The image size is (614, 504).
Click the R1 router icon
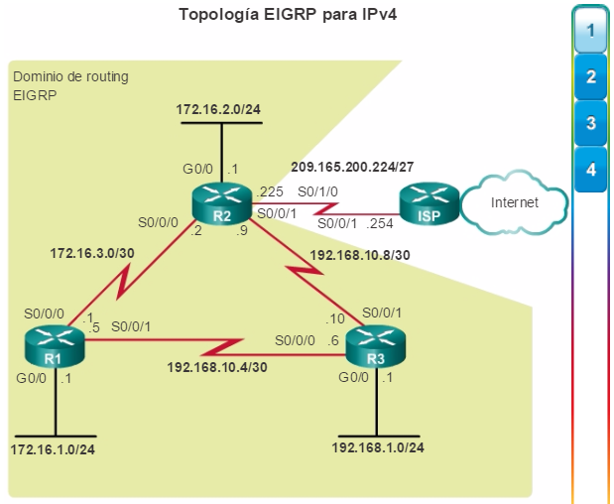pyautogui.click(x=55, y=346)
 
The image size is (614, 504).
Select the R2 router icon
pyautogui.click(x=222, y=203)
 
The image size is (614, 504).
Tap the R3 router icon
pyautogui.click(x=376, y=346)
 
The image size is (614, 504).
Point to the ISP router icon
pyautogui.click(x=430, y=203)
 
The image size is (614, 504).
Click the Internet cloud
pyautogui.click(x=514, y=202)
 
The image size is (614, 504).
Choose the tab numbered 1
pyautogui.click(x=590, y=31)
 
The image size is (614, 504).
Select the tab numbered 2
pyautogui.click(x=590, y=76)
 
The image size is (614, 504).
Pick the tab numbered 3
pyautogui.click(x=590, y=123)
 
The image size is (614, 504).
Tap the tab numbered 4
pyautogui.click(x=590, y=170)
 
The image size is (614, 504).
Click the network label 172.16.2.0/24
pyautogui.click(x=218, y=109)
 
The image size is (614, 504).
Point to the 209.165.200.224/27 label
pyautogui.click(x=352, y=168)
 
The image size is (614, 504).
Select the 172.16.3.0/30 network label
pyautogui.click(x=92, y=253)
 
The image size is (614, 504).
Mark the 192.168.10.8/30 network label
pyautogui.click(x=360, y=255)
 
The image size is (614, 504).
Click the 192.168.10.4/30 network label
pyautogui.click(x=217, y=367)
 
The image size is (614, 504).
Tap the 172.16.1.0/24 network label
pyautogui.click(x=53, y=449)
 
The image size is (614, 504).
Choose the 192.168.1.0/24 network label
pyautogui.click(x=378, y=447)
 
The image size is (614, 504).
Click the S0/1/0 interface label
pyautogui.click(x=317, y=191)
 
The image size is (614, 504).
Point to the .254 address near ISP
pyautogui.click(x=380, y=223)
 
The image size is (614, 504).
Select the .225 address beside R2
pyautogui.click(x=270, y=191)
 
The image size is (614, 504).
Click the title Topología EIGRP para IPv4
pyautogui.click(x=288, y=15)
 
